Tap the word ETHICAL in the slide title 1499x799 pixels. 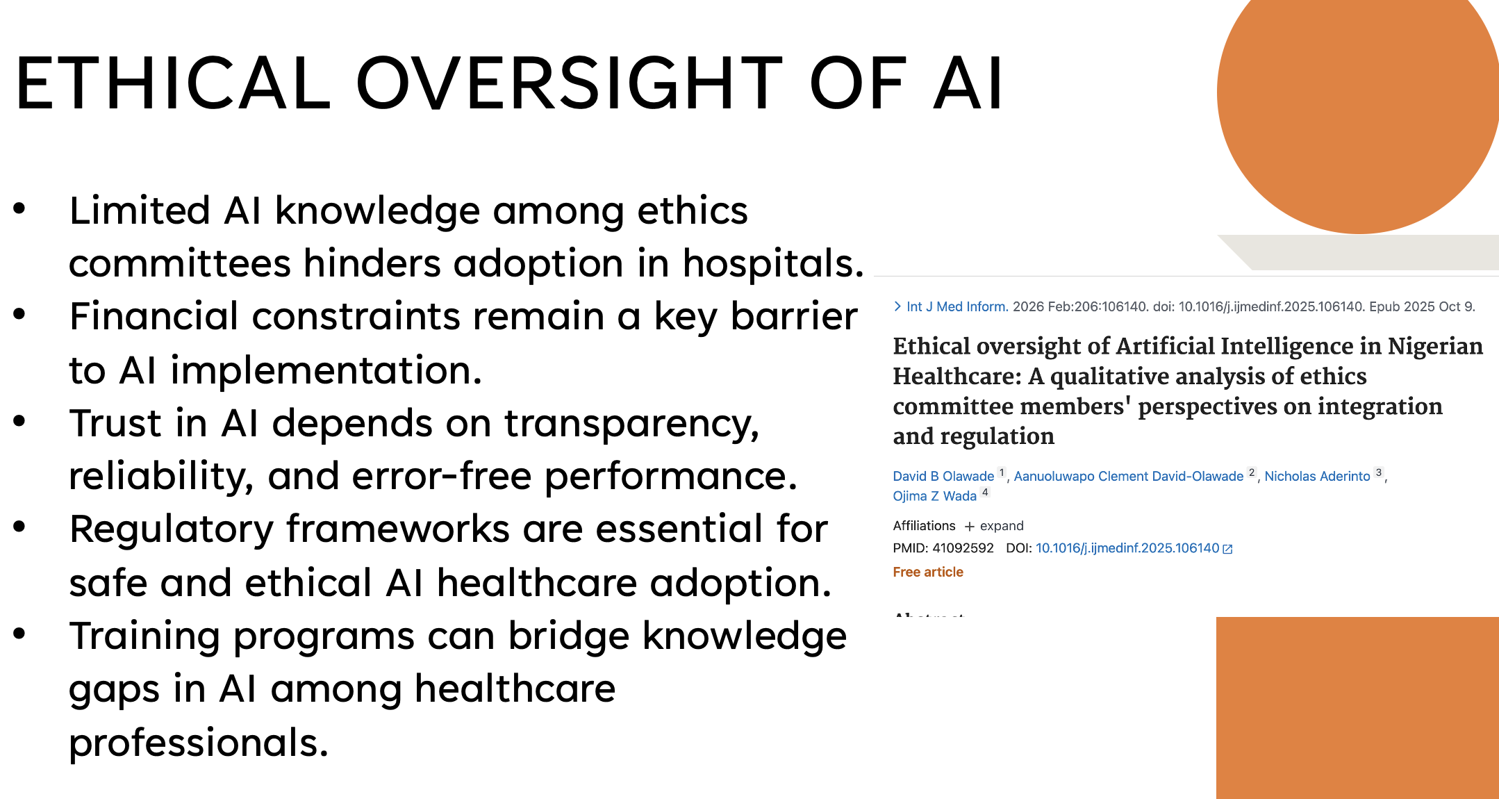click(x=173, y=83)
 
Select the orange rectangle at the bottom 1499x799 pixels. click(x=1357, y=707)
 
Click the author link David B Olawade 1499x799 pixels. click(x=943, y=476)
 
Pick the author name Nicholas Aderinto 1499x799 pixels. click(x=1317, y=476)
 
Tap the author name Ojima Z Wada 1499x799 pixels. click(x=934, y=496)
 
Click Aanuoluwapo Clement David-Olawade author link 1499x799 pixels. click(x=1128, y=476)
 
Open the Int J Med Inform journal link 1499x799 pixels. click(x=956, y=306)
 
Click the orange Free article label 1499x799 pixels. click(x=928, y=572)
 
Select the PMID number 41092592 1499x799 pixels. click(x=963, y=548)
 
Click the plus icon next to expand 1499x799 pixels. click(x=970, y=527)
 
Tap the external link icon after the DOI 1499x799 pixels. click(x=1227, y=549)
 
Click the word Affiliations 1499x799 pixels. click(x=924, y=526)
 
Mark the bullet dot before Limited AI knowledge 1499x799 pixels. click(x=19, y=208)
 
